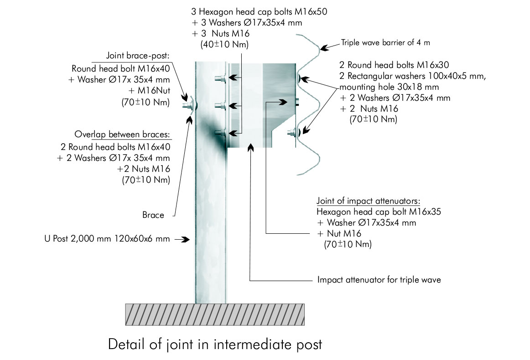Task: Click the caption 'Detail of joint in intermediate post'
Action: click(x=215, y=345)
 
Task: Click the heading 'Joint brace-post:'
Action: click(x=138, y=56)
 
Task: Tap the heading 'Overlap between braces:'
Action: click(x=122, y=134)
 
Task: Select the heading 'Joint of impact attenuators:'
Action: click(x=368, y=201)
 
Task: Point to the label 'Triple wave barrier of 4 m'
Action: click(x=385, y=42)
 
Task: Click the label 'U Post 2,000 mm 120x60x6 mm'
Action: click(x=107, y=239)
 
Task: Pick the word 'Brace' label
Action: click(x=153, y=215)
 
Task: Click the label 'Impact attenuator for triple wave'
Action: click(x=379, y=280)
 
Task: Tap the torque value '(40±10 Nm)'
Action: click(x=224, y=45)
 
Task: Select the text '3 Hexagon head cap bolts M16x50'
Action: click(x=259, y=12)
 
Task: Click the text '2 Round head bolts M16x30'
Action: click(x=394, y=65)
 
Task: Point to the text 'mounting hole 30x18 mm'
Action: click(x=389, y=87)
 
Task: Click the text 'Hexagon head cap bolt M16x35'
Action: click(x=379, y=212)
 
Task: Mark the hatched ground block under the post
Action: click(x=215, y=314)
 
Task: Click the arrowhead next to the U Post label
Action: click(x=185, y=239)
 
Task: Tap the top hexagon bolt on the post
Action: click(x=220, y=78)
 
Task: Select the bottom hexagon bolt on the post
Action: click(x=220, y=133)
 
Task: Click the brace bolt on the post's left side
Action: click(x=189, y=105)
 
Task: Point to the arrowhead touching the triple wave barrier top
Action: click(x=324, y=48)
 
